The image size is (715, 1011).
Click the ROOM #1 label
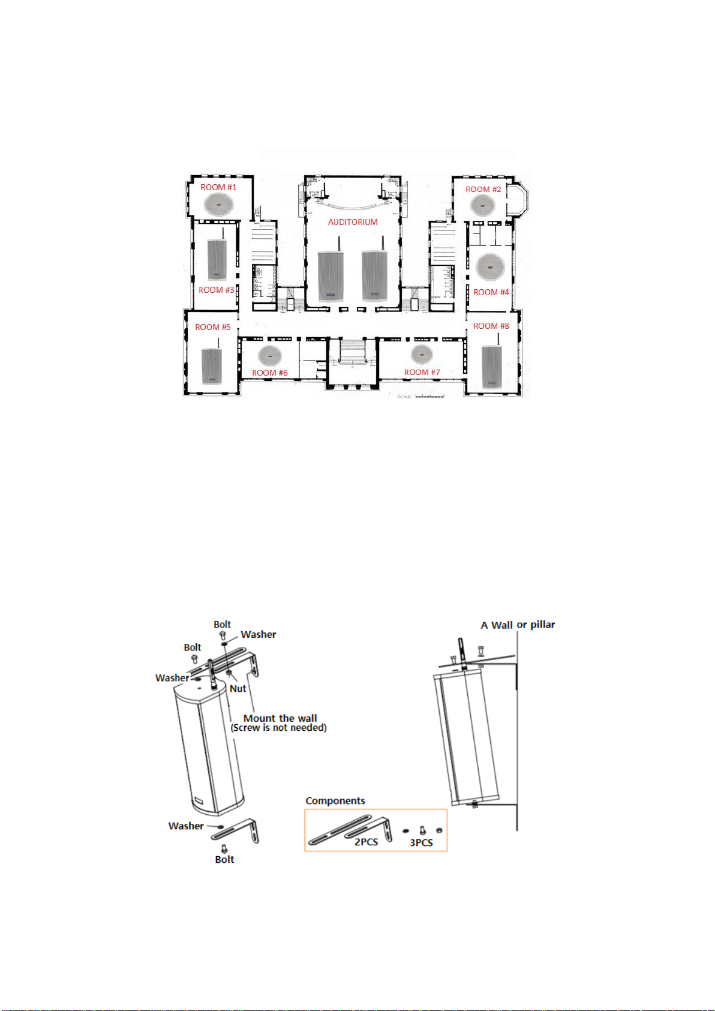click(218, 187)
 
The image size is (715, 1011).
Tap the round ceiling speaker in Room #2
click(483, 205)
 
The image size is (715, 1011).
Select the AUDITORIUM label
click(353, 222)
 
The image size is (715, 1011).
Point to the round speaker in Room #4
click(489, 267)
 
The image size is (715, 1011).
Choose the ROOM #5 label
click(212, 327)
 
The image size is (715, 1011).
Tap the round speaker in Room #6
click(270, 356)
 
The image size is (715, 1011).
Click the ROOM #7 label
click(422, 373)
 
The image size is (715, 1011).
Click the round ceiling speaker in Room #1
click(219, 205)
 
